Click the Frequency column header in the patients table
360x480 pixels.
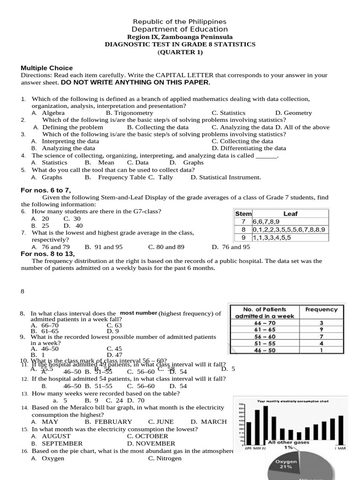321,309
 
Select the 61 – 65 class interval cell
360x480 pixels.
264,330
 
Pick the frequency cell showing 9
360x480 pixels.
321,330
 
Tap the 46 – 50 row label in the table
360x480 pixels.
264,350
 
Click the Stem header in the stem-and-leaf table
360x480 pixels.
243,214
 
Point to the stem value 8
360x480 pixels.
243,229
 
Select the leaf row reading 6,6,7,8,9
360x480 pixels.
266,221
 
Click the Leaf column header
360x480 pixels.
290,214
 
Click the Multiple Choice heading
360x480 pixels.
47,68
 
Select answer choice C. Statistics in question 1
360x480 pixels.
228,113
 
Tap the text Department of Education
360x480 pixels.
180,30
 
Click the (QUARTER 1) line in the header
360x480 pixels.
180,52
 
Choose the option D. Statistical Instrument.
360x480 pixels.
225,177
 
